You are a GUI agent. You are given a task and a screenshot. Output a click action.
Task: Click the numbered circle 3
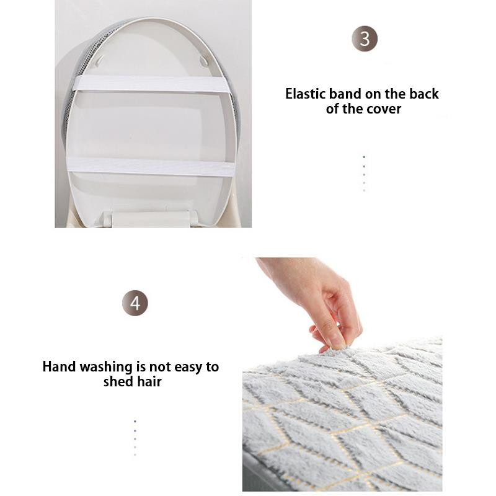click(365, 38)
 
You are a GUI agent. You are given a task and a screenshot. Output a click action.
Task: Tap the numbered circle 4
click(135, 303)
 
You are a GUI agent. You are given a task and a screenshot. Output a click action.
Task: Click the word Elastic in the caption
click(306, 94)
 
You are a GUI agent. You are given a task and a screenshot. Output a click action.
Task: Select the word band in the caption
click(345, 94)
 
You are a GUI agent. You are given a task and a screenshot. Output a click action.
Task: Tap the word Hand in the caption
click(60, 366)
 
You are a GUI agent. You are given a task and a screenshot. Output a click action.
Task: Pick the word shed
click(118, 381)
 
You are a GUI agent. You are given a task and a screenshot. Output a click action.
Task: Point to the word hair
click(149, 381)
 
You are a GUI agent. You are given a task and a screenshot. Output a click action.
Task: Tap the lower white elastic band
click(151, 166)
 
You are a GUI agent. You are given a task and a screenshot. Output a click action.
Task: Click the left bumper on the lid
click(100, 61)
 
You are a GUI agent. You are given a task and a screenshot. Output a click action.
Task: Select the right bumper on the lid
click(204, 60)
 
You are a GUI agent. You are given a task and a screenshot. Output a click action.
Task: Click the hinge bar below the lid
click(151, 219)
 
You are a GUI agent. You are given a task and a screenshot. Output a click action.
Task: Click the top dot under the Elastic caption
click(364, 157)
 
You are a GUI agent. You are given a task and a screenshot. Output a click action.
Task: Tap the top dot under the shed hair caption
click(135, 422)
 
